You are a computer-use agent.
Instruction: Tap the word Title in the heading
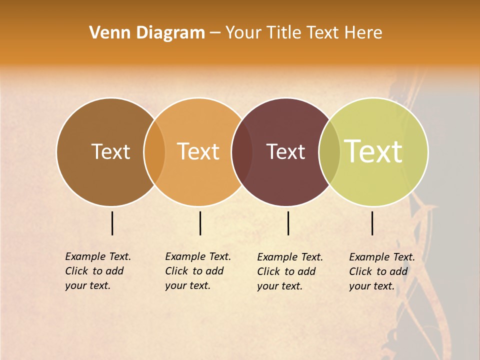[283, 33]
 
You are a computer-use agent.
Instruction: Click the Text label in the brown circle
[110, 151]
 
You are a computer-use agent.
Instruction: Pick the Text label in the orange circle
[198, 151]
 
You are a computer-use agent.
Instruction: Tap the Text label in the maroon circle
[285, 151]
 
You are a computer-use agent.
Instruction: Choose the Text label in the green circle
[373, 151]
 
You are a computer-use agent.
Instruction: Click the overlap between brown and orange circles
[154, 152]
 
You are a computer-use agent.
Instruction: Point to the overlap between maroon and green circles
[329, 152]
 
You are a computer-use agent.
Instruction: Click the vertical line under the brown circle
[112, 223]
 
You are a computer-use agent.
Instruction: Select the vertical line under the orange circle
[200, 223]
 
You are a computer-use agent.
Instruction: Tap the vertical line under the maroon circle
[288, 223]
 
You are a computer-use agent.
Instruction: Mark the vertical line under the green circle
[372, 223]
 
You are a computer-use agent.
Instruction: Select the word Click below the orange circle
[177, 271]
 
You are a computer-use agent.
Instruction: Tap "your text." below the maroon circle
[280, 286]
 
